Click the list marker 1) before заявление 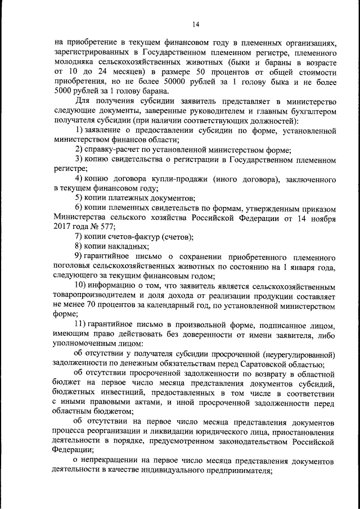coord(79,130)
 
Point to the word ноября coord(323,218)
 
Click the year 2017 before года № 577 coord(63,227)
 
